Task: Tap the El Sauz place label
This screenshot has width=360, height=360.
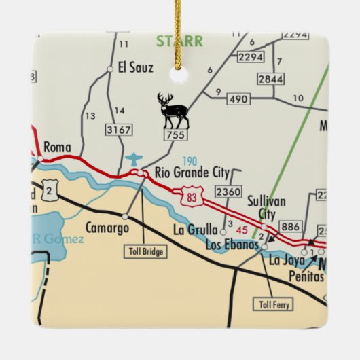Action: pos(135,67)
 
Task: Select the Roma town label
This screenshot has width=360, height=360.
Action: pos(56,146)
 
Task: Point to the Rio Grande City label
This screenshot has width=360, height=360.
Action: pos(193,173)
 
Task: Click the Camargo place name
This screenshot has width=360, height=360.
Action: pos(107,228)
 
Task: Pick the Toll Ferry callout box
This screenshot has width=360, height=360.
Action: pos(273,304)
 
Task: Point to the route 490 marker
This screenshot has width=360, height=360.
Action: pos(237,99)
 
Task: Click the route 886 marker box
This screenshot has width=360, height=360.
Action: pos(290,227)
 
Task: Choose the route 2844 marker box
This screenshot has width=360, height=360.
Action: pos(270,79)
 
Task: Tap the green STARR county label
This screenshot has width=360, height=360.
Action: pos(179,41)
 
